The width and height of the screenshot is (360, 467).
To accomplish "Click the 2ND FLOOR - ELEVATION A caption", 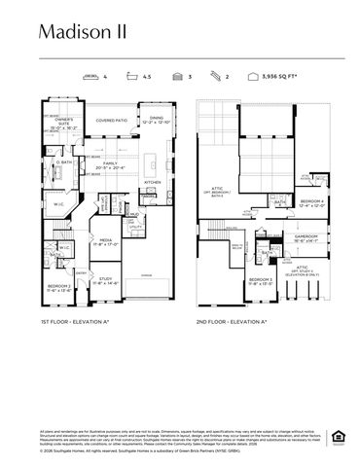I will pos(234,320).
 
